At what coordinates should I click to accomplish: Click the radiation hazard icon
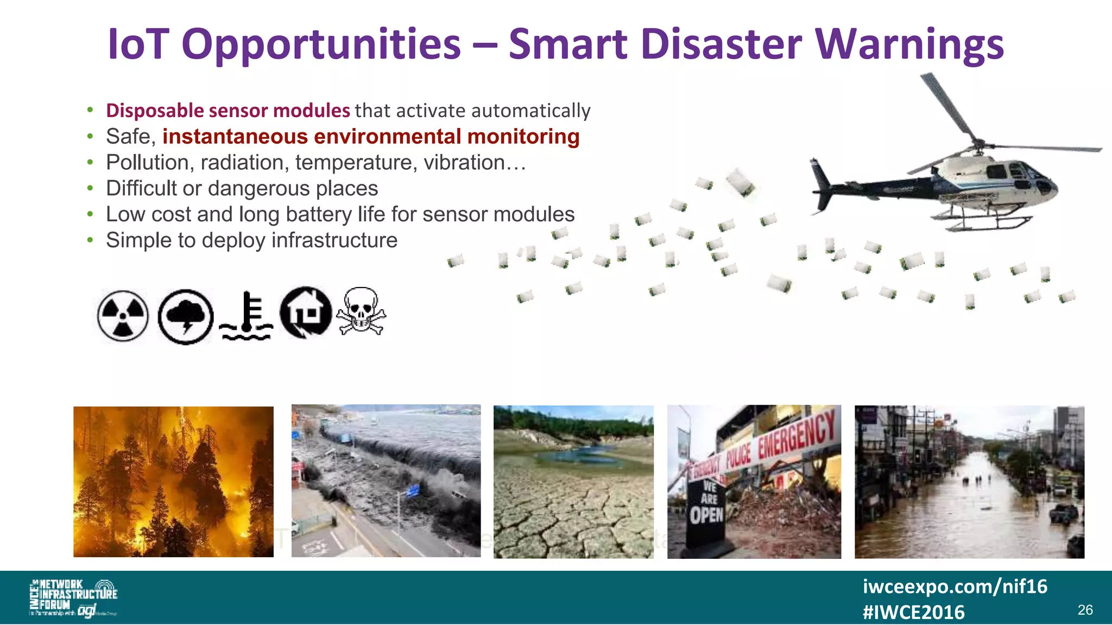tap(123, 316)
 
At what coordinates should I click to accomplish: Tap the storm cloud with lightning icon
tap(186, 317)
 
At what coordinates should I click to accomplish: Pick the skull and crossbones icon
tap(361, 311)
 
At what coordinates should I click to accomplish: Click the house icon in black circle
tap(306, 312)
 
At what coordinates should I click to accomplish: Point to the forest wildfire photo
tap(173, 482)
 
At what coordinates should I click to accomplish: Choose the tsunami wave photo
tap(386, 481)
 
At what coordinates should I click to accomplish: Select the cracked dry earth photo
tap(573, 482)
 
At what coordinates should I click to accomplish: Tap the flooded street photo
tap(969, 482)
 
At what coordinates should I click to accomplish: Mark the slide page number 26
tap(1085, 610)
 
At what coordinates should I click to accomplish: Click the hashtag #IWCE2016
tap(914, 613)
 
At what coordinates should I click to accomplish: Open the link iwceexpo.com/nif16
tap(955, 586)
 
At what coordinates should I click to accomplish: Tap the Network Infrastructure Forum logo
tap(73, 597)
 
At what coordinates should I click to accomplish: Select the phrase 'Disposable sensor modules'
tap(228, 111)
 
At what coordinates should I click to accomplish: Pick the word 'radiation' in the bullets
tap(242, 163)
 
